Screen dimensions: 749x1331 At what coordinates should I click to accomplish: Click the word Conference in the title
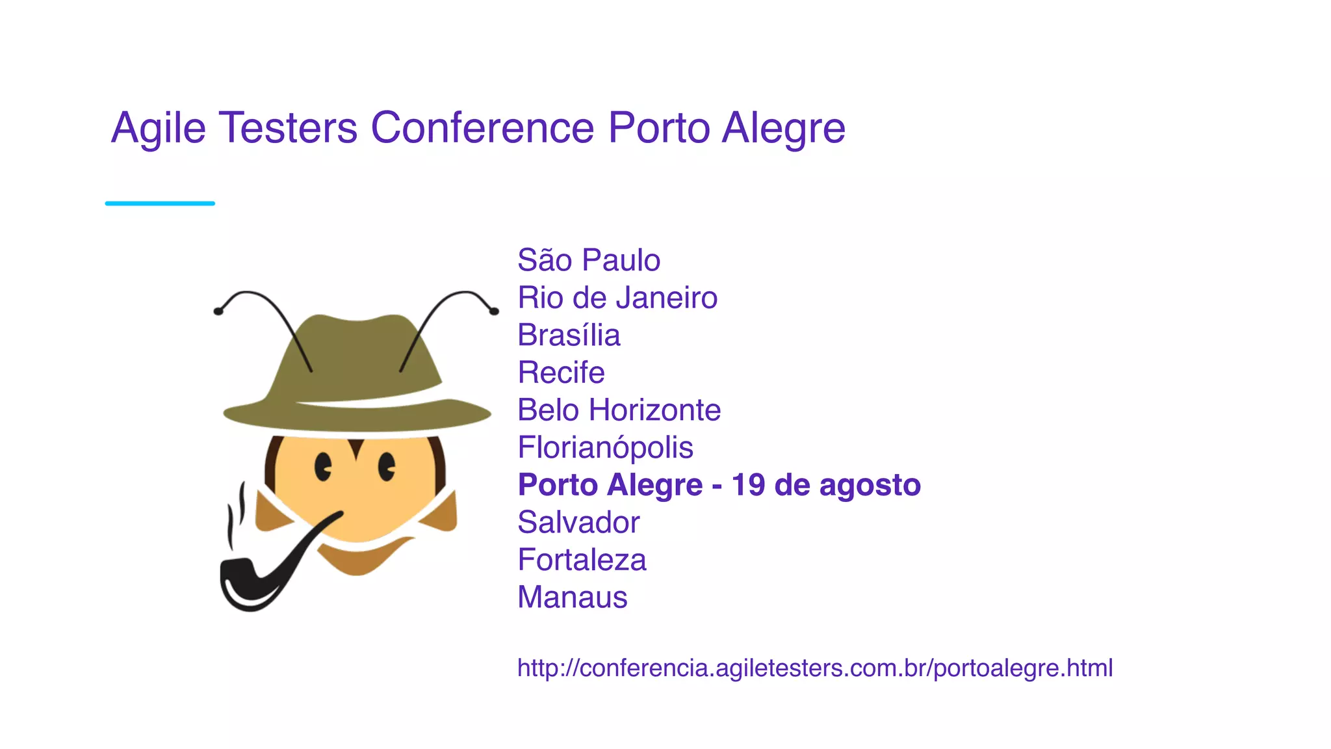click(x=482, y=127)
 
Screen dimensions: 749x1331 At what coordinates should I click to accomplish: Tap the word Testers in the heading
click(x=288, y=127)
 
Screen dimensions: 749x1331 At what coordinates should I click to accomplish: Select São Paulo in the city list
click(x=589, y=260)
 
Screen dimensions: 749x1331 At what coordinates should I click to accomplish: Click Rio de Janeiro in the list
click(x=617, y=298)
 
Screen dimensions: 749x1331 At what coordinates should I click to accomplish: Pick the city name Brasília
click(x=569, y=335)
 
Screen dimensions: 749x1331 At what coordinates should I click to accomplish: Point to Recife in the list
click(x=561, y=373)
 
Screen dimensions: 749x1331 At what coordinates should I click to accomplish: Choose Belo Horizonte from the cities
click(x=619, y=410)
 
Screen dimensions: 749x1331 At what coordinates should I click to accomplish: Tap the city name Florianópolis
click(x=605, y=447)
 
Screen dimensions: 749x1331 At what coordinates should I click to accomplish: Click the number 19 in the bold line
click(x=747, y=485)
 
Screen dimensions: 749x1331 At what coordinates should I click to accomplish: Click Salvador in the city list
click(x=578, y=522)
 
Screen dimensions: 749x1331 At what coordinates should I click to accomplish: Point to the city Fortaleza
click(x=582, y=560)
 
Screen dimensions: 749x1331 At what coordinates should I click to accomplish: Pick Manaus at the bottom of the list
click(x=572, y=597)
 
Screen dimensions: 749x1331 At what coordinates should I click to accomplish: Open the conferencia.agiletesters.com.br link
click(x=815, y=668)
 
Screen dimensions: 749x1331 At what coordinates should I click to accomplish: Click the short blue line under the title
click(x=160, y=204)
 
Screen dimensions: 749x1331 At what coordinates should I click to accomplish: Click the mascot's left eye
click(x=323, y=467)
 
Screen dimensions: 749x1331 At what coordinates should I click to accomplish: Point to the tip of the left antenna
click(x=218, y=311)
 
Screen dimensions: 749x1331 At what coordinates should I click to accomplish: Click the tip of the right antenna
click(x=495, y=311)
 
